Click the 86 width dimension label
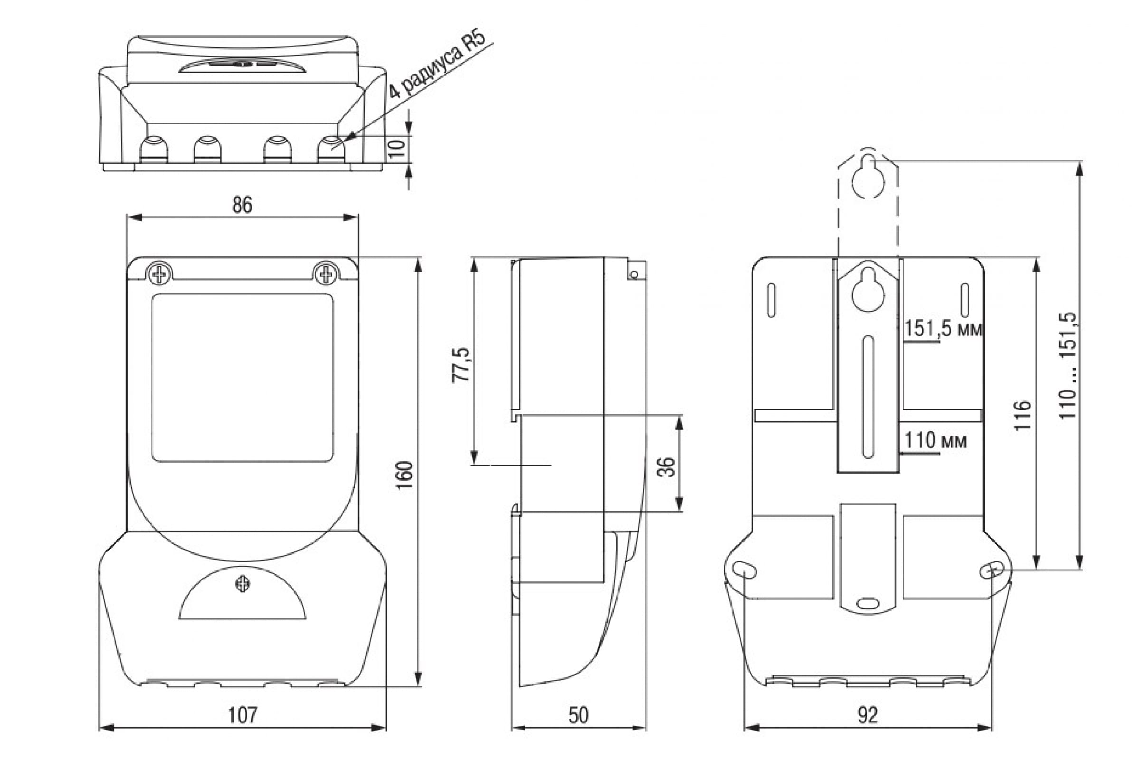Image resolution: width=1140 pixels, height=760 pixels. point(242,205)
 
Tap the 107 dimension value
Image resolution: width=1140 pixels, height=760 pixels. point(242,715)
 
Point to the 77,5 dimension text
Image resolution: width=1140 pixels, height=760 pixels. point(461,365)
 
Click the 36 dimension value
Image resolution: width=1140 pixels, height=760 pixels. point(666,467)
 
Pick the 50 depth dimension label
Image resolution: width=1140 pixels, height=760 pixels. point(578,715)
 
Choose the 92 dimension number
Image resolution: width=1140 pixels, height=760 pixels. point(867,715)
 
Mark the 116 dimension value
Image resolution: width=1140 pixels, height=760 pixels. point(1023,415)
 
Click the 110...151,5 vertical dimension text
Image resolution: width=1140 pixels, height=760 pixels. point(1067,366)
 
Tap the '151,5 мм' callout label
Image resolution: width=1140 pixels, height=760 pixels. point(943,329)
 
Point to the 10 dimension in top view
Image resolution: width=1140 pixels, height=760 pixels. point(397,148)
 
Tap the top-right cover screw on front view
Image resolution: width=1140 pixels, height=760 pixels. point(326,275)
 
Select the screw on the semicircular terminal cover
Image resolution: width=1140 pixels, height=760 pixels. point(242,584)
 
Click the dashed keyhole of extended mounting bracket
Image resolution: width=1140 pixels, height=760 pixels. point(868,179)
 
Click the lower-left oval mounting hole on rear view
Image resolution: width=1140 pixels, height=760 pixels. point(744,570)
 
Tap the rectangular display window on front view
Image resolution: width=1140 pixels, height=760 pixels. point(242,377)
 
